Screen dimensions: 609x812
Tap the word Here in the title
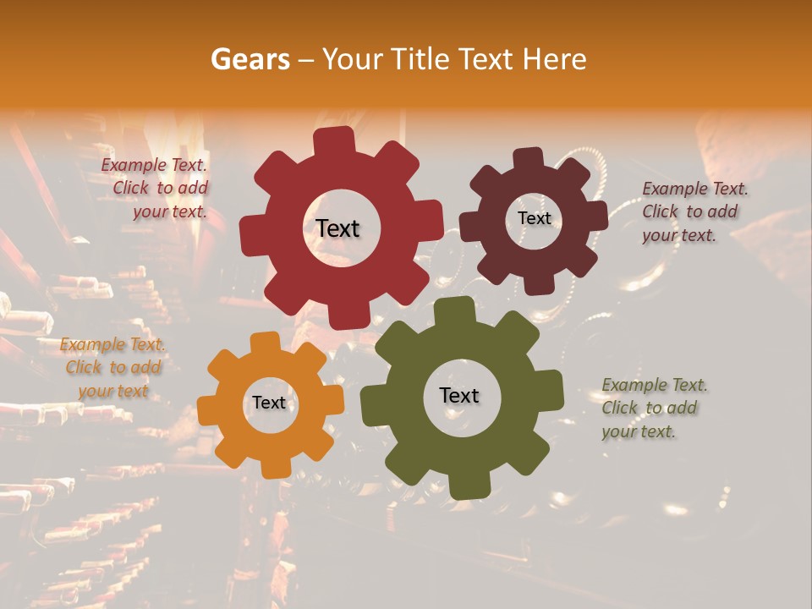tap(556, 59)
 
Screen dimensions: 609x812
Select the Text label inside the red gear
tap(337, 228)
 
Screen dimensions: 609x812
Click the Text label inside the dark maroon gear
tap(534, 218)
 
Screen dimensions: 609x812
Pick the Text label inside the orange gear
tap(269, 403)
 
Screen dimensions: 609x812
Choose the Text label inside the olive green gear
tap(459, 396)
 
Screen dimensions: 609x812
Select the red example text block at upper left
tap(156, 189)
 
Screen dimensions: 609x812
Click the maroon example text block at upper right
tap(694, 211)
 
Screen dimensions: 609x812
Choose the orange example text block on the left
tap(112, 368)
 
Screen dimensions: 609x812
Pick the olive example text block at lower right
tap(653, 408)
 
